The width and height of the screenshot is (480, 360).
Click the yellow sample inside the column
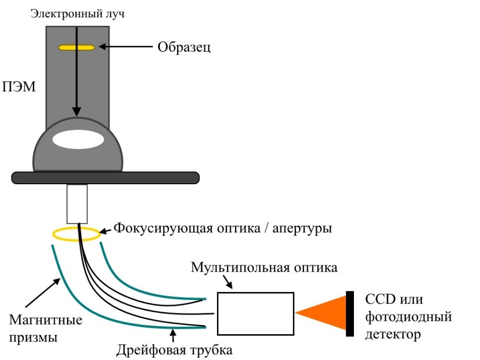tap(76, 48)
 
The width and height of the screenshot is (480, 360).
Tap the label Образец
tap(184, 48)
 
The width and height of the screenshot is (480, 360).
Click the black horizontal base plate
tap(105, 177)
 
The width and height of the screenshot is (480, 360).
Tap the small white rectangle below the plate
tap(77, 204)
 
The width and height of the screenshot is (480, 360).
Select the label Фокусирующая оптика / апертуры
tap(223, 229)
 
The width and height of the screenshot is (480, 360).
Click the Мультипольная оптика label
tap(265, 268)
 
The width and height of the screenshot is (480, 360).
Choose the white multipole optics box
tap(256, 313)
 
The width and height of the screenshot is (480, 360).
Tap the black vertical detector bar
tap(350, 313)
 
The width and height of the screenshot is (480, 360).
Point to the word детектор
tap(393, 334)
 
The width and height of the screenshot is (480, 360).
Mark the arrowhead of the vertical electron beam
tap(77, 112)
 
